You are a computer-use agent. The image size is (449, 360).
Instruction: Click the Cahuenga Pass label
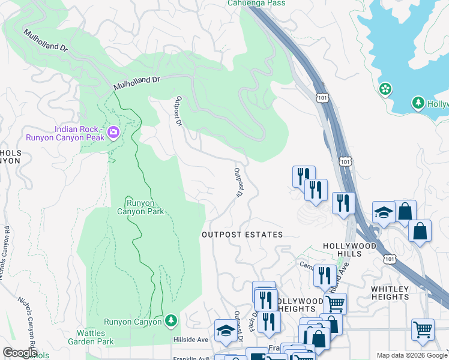point(256,3)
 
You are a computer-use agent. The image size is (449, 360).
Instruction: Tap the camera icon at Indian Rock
point(114,131)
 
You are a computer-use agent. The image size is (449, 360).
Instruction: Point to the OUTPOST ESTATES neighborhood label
point(242,235)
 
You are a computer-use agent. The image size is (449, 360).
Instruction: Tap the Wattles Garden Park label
point(95,337)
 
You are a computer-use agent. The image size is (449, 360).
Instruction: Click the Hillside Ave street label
point(190,339)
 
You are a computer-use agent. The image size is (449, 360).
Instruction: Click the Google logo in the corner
point(20,352)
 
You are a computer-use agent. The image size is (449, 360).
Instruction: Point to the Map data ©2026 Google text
point(412,355)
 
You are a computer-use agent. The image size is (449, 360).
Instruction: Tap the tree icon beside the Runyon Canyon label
point(171,322)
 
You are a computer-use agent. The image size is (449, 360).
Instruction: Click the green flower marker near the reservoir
point(385,89)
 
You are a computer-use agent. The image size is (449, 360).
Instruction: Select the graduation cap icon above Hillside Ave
point(226,331)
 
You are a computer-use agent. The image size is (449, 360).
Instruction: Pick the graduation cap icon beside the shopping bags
point(384,212)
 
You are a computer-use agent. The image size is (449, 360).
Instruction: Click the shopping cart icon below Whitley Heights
point(423,329)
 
